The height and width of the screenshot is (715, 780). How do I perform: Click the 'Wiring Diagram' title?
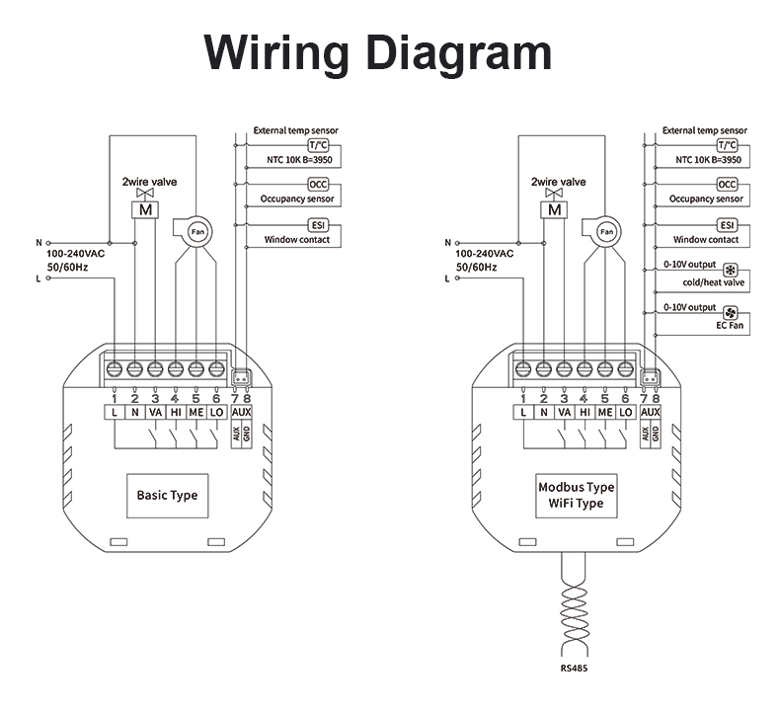[378, 53]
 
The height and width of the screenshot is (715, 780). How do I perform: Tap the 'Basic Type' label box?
[168, 496]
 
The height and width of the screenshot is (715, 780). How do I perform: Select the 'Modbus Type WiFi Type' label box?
[577, 496]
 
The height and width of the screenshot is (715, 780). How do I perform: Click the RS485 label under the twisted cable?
[574, 669]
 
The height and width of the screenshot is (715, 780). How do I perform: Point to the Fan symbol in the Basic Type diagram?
[198, 232]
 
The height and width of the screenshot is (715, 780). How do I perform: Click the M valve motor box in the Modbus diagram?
[555, 210]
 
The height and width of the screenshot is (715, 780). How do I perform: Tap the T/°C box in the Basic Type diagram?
[318, 145]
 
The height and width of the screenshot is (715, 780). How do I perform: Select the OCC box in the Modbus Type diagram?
[727, 185]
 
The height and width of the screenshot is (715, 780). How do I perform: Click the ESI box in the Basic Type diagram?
[318, 225]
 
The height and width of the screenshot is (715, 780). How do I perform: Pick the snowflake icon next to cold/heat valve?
[731, 271]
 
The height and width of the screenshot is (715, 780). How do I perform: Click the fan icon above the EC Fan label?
[731, 313]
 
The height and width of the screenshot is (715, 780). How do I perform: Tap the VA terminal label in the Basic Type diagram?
[156, 413]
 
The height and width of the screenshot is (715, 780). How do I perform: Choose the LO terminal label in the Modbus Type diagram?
[626, 413]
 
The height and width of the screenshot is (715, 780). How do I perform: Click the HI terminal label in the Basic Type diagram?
[176, 413]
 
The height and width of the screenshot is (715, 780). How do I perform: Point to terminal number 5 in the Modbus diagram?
[605, 399]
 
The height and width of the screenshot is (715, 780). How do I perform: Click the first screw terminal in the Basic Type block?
[115, 369]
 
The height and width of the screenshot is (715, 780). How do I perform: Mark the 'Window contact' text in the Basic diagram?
[297, 240]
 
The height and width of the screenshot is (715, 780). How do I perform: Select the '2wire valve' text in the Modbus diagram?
[559, 182]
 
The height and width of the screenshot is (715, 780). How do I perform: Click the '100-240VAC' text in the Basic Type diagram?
[76, 254]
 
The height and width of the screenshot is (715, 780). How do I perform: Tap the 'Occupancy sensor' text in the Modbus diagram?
[706, 199]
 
